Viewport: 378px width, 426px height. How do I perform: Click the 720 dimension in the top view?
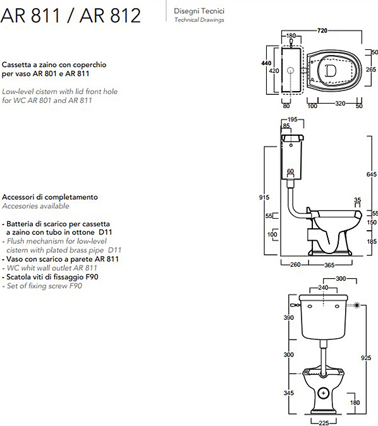coord(322,31)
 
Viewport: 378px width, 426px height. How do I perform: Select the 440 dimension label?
coord(266,63)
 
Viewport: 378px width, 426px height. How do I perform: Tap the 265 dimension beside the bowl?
coord(371,70)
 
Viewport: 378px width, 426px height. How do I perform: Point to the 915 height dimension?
coord(264,197)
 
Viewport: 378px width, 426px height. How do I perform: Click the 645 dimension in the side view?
coord(372,174)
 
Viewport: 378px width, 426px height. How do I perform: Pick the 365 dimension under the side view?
coord(329,265)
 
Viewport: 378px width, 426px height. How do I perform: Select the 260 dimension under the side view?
coord(295,265)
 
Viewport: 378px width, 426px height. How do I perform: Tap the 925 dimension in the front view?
coord(366,358)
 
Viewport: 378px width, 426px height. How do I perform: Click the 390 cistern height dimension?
coord(289,317)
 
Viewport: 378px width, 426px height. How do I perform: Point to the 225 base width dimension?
coord(324,423)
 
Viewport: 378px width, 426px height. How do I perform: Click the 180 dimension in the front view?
coord(355,403)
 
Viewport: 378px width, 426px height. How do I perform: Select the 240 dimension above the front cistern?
coord(323,288)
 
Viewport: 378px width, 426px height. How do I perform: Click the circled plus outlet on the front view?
coord(324,393)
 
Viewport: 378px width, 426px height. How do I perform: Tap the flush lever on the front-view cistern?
coord(295,305)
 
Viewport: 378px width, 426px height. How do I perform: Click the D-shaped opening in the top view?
coord(331,71)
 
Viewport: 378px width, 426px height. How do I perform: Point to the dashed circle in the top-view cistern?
coord(291,71)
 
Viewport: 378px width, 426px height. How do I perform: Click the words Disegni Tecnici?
coord(199,11)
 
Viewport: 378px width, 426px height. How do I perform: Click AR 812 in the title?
coord(110,16)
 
